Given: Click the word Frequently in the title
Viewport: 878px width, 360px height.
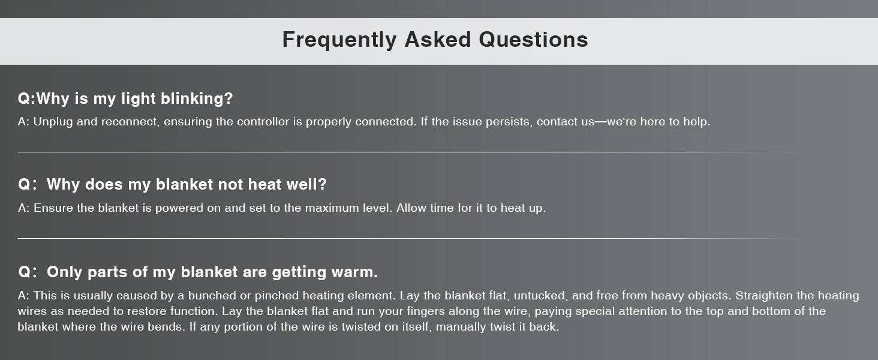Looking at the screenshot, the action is pos(339,40).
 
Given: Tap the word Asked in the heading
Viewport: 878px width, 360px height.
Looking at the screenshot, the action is pos(438,40).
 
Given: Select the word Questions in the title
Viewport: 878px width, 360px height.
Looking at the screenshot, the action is pos(534,40).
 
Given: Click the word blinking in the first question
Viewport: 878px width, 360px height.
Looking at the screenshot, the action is pos(197,99).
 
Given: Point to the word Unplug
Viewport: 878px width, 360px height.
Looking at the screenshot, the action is pos(53,122).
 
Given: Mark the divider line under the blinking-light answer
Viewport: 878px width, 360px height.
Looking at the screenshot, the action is pos(416,152).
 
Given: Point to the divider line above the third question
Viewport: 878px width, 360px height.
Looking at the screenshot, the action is pos(416,238).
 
